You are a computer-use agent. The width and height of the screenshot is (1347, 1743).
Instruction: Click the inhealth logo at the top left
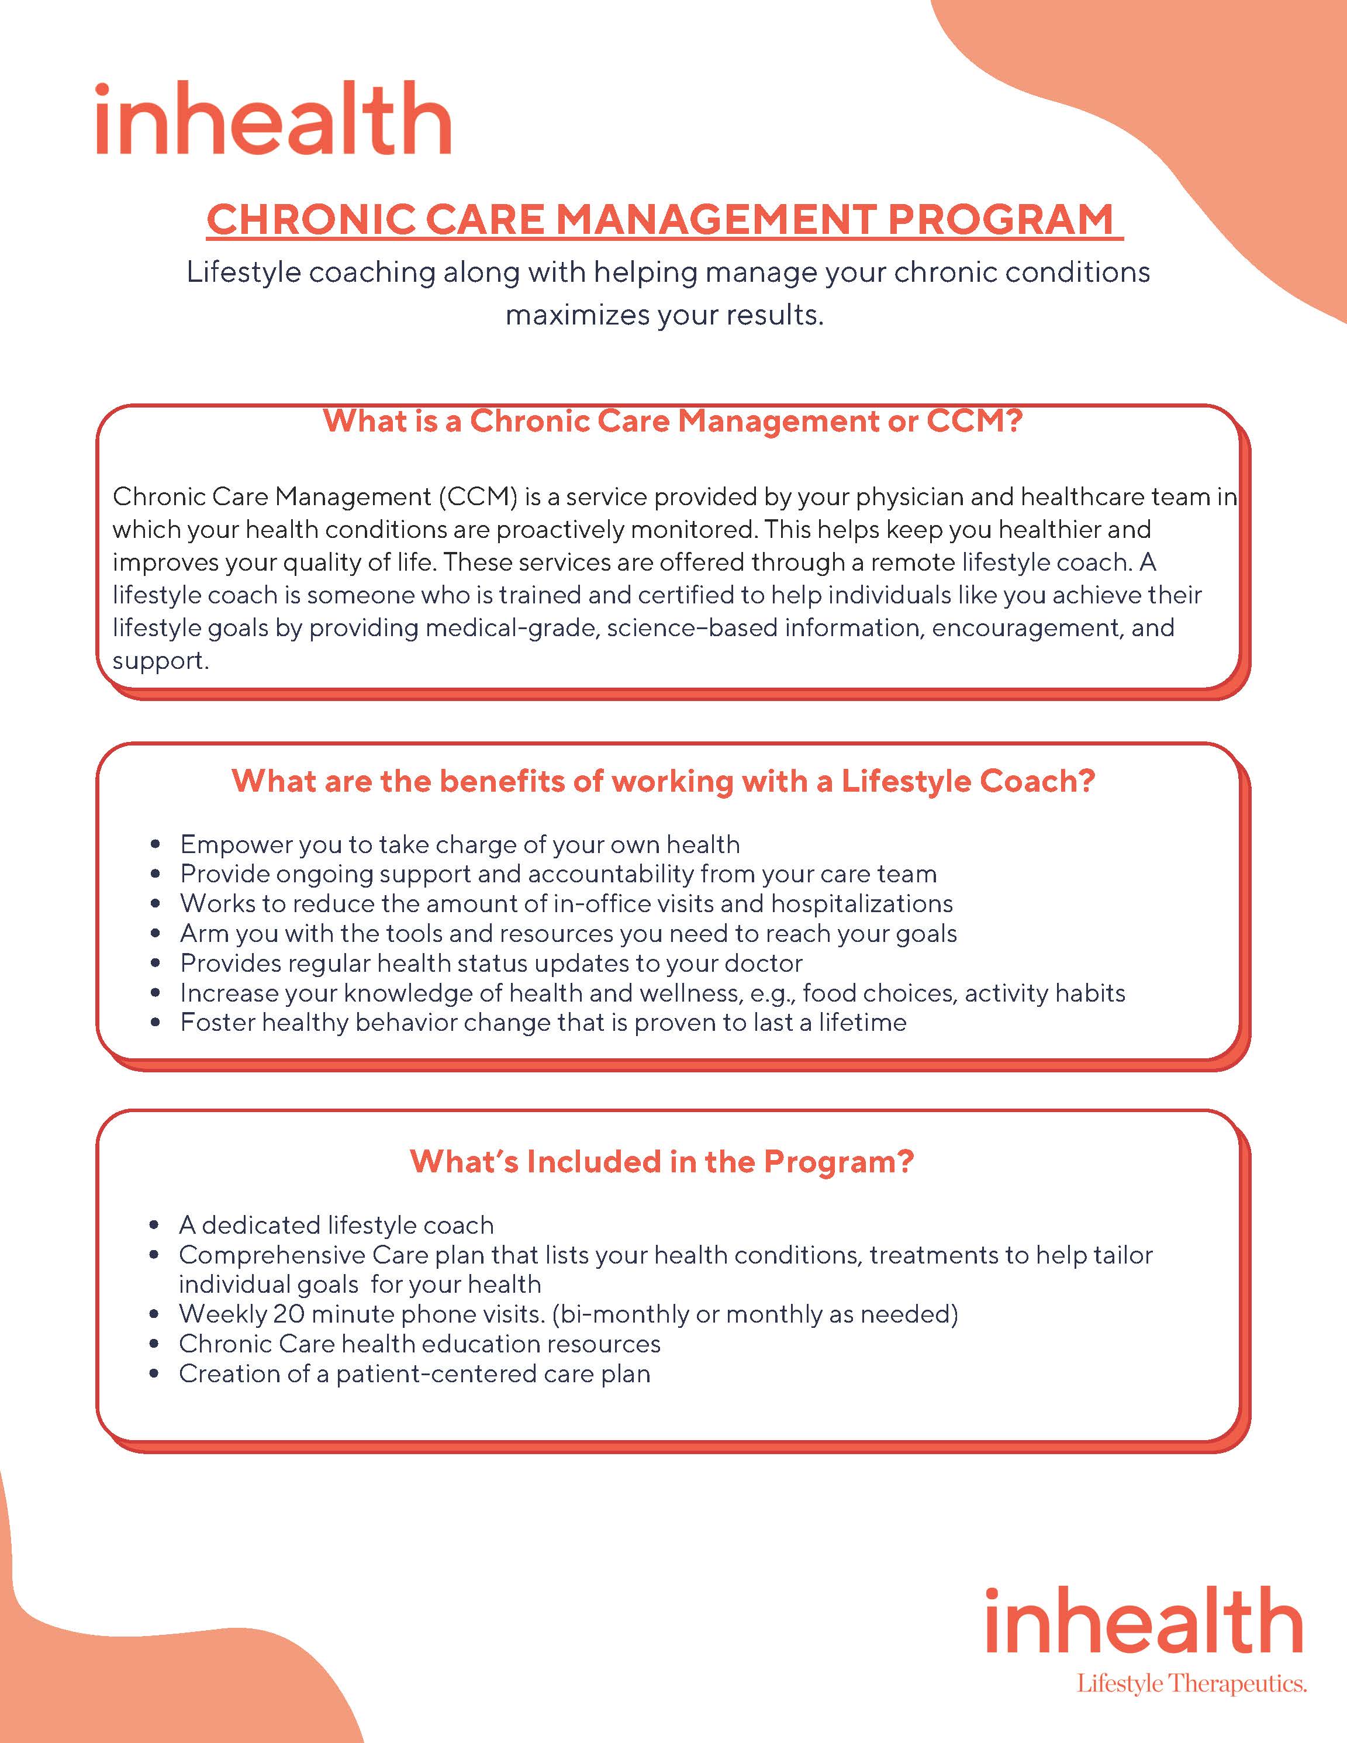click(273, 118)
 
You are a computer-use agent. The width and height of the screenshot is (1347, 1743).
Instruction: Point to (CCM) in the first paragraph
click(477, 497)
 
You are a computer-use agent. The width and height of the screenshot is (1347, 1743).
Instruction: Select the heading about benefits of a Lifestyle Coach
click(663, 781)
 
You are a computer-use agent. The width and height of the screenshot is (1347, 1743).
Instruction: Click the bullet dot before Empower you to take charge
click(156, 845)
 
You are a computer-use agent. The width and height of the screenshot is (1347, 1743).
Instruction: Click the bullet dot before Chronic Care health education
click(156, 1345)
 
